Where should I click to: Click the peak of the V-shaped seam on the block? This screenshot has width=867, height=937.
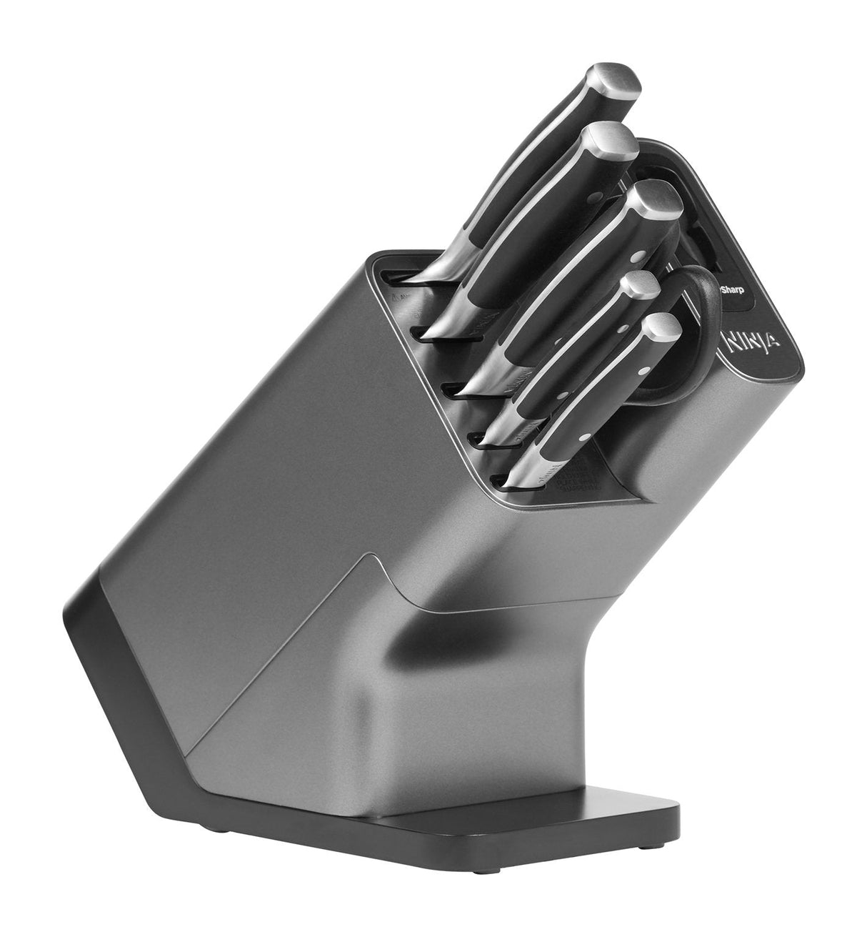(373, 535)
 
